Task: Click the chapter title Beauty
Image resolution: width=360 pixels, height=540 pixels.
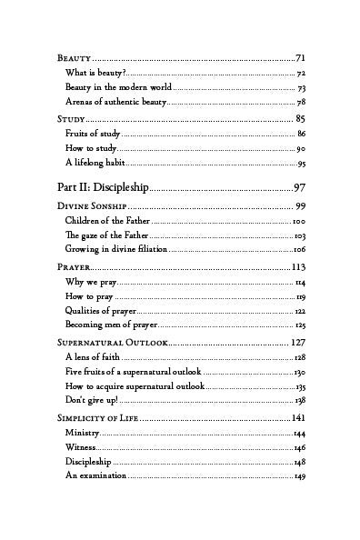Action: pyautogui.click(x=74, y=57)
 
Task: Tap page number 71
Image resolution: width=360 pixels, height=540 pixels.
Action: pyautogui.click(x=300, y=57)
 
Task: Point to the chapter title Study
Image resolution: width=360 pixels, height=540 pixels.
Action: pyautogui.click(x=70, y=119)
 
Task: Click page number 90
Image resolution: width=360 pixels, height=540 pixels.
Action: pyautogui.click(x=300, y=148)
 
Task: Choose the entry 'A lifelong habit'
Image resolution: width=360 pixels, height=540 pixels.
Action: pyautogui.click(x=95, y=164)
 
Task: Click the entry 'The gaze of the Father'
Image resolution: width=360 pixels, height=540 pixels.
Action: pyautogui.click(x=107, y=235)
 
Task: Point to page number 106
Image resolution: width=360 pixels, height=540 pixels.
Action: pyautogui.click(x=299, y=250)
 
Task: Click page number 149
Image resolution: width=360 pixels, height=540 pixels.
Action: pyautogui.click(x=299, y=478)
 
